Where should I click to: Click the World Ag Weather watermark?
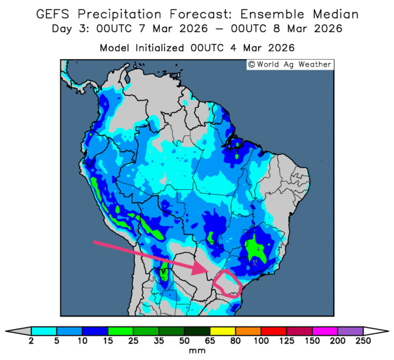coord(290,64)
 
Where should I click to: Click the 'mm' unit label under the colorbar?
coord(197,351)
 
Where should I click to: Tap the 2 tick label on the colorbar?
coord(31,341)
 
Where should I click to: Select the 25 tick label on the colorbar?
coord(133,341)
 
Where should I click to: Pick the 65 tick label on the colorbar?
coord(210,341)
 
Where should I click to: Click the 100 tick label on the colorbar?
coord(261,341)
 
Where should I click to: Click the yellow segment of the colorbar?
coord(223,330)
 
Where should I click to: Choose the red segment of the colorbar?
coord(274,330)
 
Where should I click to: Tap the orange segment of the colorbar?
coord(248,330)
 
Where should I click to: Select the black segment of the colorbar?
coord(197,330)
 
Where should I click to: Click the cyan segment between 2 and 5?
coord(43,330)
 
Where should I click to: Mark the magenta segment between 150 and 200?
coord(325,330)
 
